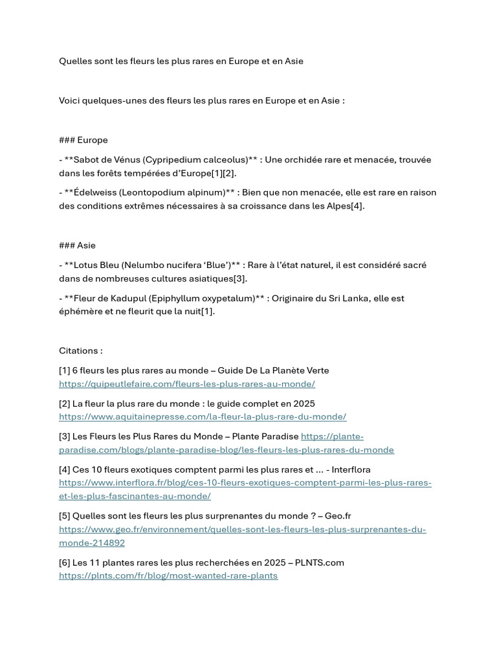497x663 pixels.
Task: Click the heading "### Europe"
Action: pyautogui.click(x=83, y=140)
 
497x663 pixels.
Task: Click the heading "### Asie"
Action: pyautogui.click(x=77, y=245)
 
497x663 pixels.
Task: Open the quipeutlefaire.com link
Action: pyautogui.click(x=187, y=384)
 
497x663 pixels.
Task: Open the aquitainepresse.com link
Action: pyautogui.click(x=203, y=417)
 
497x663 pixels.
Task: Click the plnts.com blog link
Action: pyautogui.click(x=168, y=576)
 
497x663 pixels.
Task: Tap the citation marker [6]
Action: pyautogui.click(x=65, y=563)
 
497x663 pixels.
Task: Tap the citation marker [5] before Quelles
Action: pyautogui.click(x=65, y=516)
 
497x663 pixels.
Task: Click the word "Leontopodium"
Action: pyautogui.click(x=164, y=192)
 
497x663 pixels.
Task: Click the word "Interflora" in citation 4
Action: pyautogui.click(x=349, y=469)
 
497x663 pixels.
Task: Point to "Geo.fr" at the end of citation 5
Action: pyautogui.click(x=338, y=516)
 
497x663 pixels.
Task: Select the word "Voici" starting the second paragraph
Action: pyautogui.click(x=71, y=100)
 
